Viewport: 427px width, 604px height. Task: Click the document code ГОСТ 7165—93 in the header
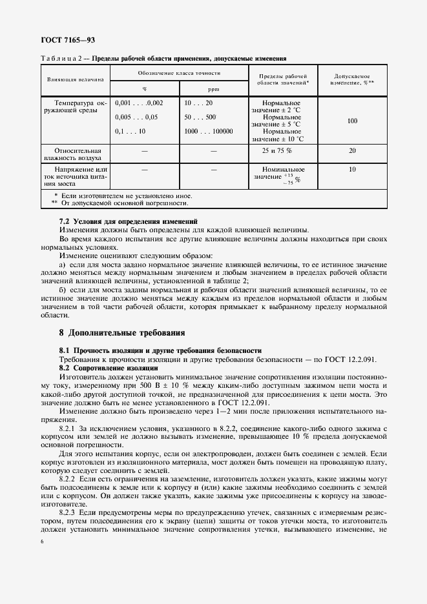(68, 40)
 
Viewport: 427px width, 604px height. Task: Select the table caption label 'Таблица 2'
(64, 57)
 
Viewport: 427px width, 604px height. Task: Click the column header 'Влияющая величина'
(75, 80)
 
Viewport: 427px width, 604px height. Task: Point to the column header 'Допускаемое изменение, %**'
(353, 79)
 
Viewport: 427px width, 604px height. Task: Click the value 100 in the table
(353, 121)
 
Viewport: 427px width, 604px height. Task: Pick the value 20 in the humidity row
(353, 150)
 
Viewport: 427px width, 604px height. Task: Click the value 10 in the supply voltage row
(353, 170)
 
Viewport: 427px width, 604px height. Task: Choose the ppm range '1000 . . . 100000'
(208, 131)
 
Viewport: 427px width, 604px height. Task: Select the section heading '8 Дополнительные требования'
(122, 333)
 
